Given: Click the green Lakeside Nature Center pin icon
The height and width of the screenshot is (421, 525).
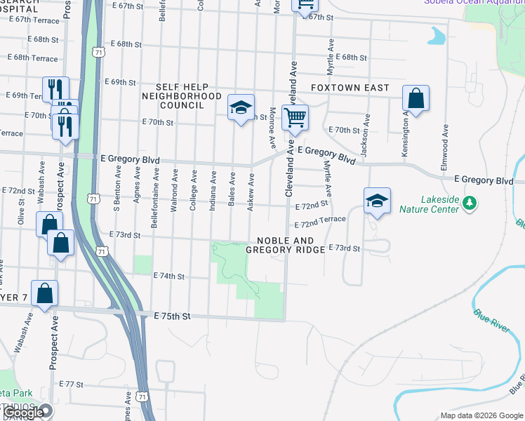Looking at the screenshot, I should click(470, 203).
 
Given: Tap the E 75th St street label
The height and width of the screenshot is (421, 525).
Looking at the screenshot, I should click(172, 316).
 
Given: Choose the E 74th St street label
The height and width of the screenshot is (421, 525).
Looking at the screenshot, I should click(168, 276).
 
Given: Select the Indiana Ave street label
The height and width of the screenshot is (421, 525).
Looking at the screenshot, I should click(213, 189).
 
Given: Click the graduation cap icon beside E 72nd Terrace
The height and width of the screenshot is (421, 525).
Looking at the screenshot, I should click(377, 201).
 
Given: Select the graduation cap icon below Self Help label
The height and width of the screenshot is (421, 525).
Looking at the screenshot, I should click(241, 108).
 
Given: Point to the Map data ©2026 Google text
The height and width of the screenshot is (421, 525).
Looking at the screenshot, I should click(481, 415).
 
